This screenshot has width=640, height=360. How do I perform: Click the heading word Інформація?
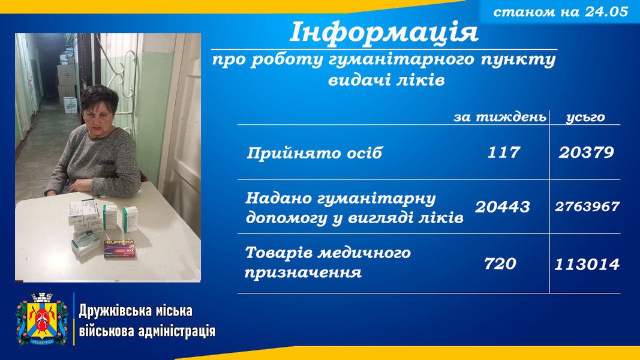[384, 32]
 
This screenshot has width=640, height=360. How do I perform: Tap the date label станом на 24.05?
[560, 12]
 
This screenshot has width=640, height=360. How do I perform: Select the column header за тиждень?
[500, 118]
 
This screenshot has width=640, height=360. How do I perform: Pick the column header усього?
[585, 118]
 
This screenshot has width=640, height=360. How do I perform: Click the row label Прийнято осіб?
[314, 153]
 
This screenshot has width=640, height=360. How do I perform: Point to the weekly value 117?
[504, 152]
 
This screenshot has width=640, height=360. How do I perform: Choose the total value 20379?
[587, 152]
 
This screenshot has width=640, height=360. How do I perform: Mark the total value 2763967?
[587, 206]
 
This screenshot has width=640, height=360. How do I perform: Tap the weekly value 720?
[500, 263]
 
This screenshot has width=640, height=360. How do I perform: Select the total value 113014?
[587, 265]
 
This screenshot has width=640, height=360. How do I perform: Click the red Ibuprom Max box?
[119, 248]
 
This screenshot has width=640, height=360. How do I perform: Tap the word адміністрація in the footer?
[177, 331]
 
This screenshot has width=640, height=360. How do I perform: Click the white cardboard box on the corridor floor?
[70, 106]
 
